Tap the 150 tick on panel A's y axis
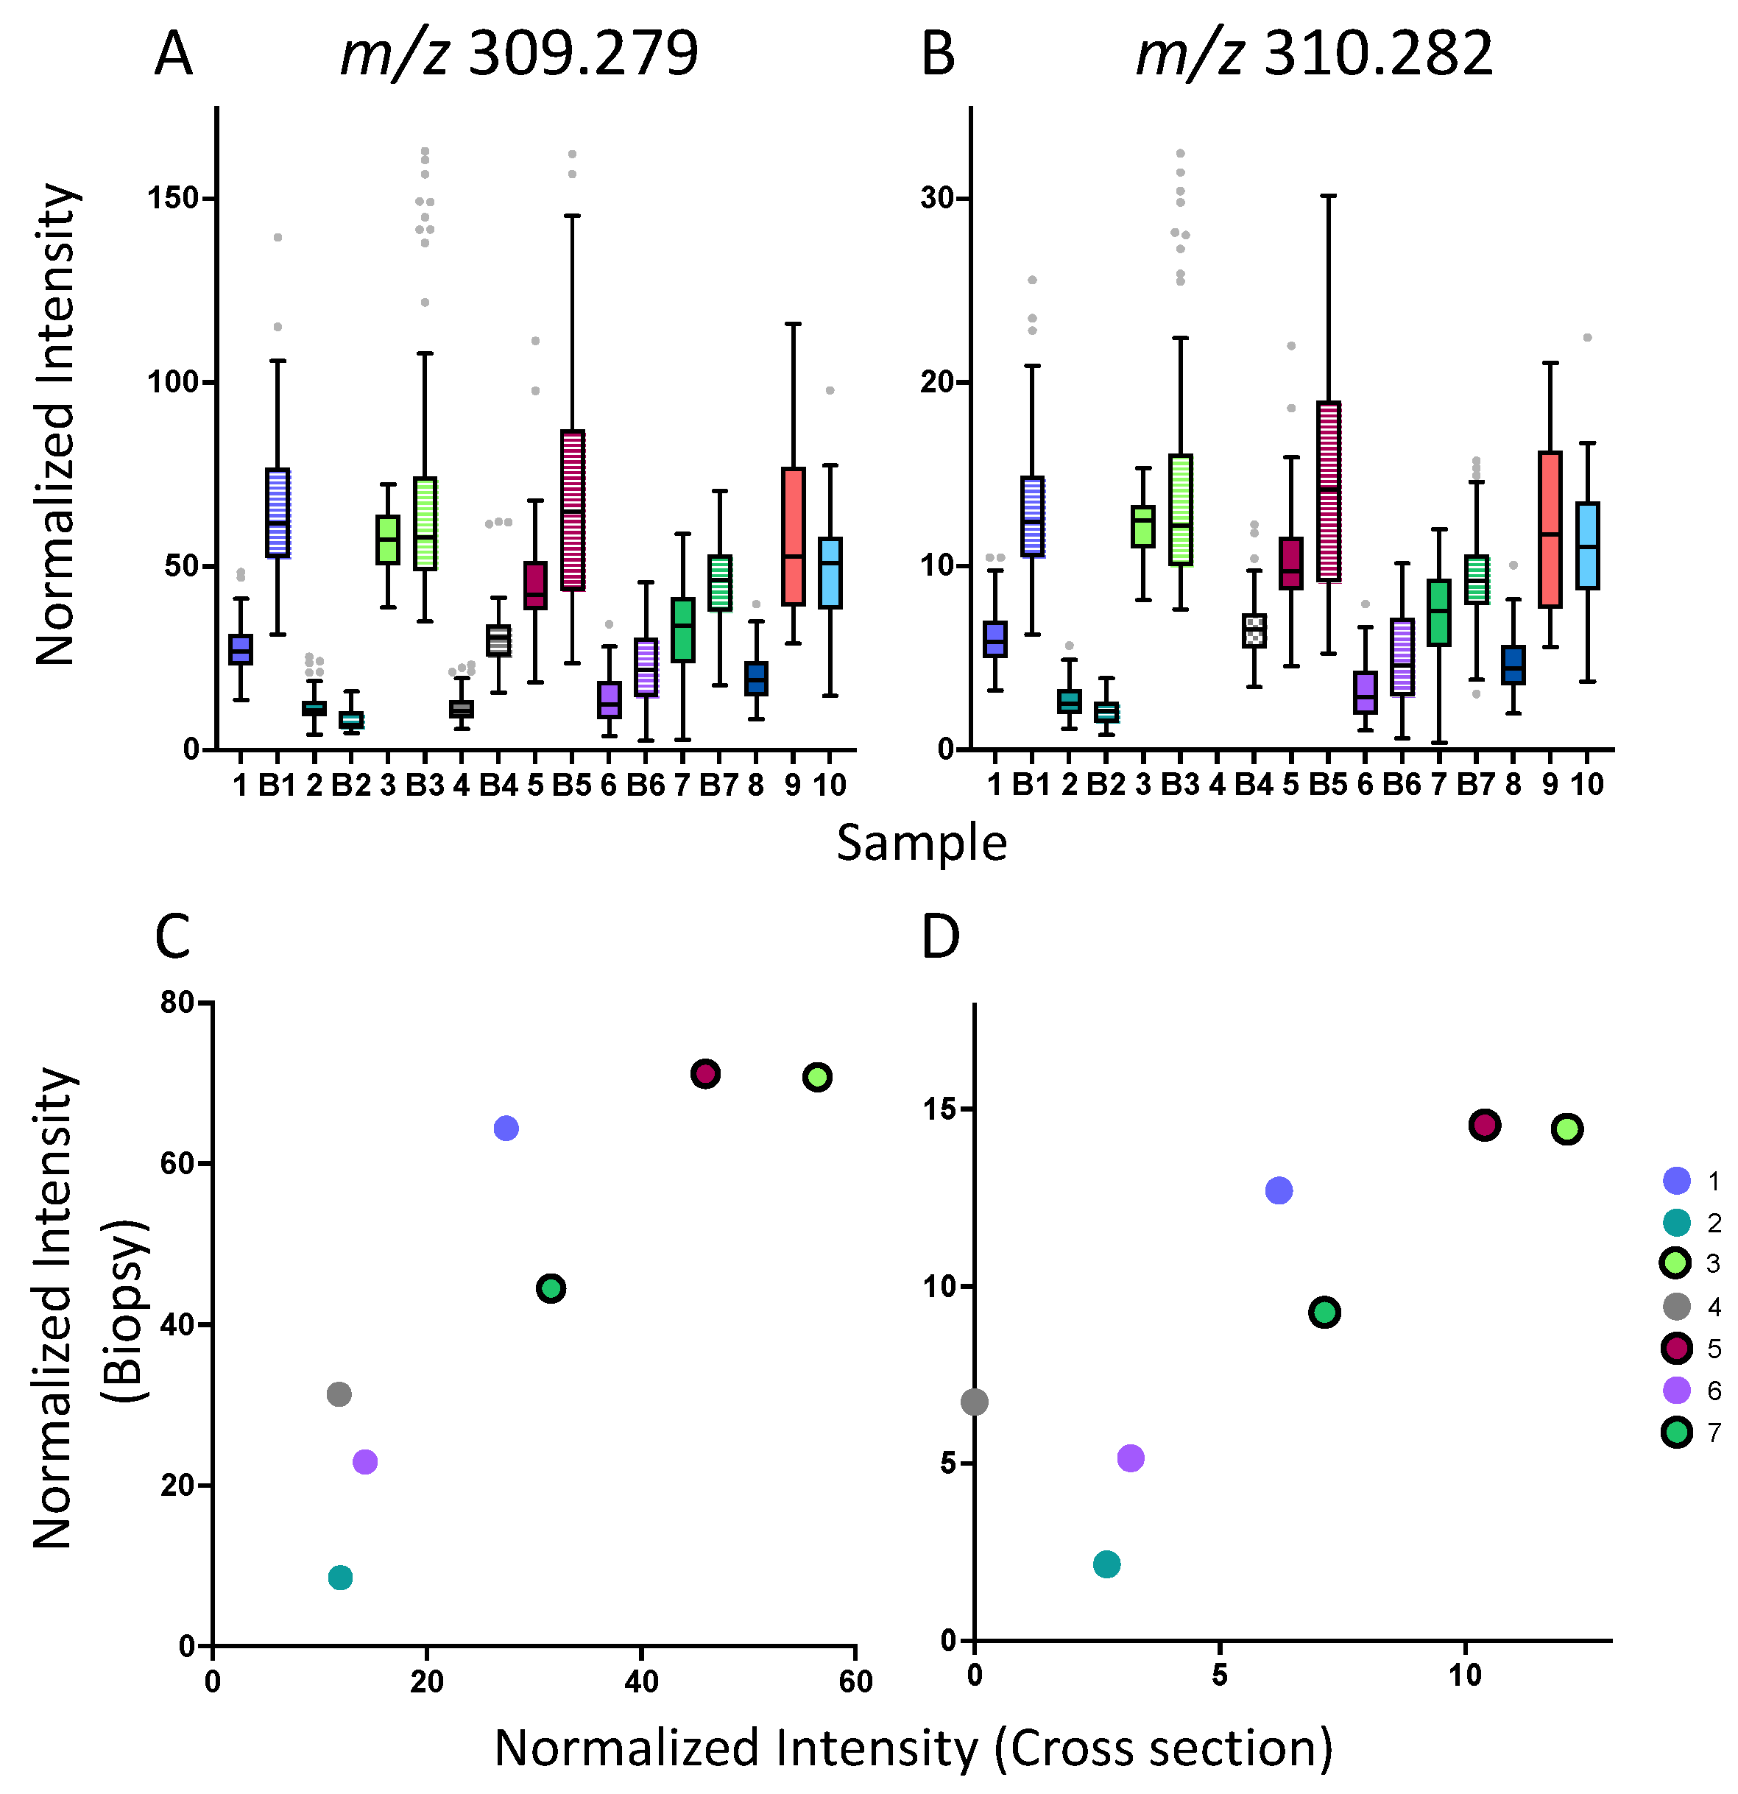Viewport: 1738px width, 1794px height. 174,199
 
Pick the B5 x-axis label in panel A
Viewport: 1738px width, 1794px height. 572,785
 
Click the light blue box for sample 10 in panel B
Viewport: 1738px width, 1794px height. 1587,545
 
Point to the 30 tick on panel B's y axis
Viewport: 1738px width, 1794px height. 938,199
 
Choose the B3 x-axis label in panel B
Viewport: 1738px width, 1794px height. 1180,785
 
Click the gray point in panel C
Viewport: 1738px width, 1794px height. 339,1394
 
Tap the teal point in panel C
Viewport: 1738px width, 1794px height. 339,1577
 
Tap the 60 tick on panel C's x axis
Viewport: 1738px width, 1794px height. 855,1681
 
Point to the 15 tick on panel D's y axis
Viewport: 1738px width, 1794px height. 939,1109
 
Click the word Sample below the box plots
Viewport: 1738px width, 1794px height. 921,843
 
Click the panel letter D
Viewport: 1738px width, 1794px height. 940,937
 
